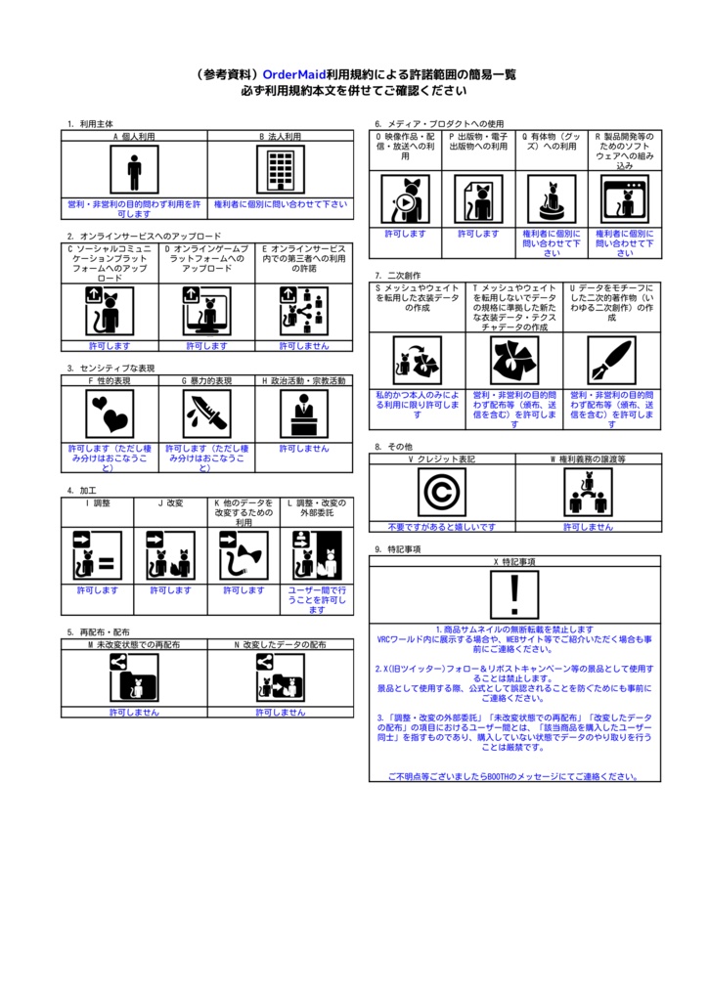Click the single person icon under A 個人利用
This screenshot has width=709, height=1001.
pyautogui.click(x=134, y=171)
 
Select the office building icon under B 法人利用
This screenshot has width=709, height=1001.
pyautogui.click(x=281, y=171)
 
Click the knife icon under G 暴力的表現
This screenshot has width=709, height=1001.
pyautogui.click(x=206, y=414)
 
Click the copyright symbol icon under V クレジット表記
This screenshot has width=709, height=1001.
pyautogui.click(x=442, y=492)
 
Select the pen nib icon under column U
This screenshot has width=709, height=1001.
pyautogui.click(x=612, y=362)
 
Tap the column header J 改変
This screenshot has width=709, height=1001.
pyautogui.click(x=170, y=503)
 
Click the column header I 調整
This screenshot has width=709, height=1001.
pyautogui.click(x=97, y=503)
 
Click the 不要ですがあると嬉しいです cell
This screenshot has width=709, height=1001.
pyautogui.click(x=442, y=527)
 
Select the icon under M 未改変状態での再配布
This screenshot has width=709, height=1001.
pyautogui.click(x=134, y=676)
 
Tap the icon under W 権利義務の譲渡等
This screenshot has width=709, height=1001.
pyautogui.click(x=588, y=492)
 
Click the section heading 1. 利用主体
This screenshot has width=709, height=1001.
pyautogui.click(x=90, y=124)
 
